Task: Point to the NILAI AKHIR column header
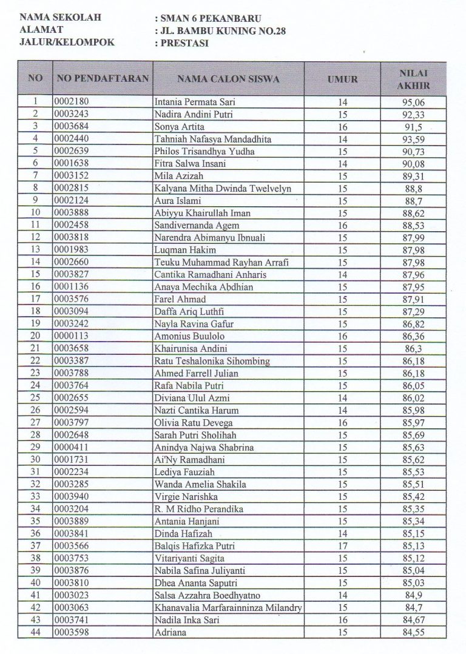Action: point(413,79)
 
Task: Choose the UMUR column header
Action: point(343,79)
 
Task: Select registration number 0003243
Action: point(71,114)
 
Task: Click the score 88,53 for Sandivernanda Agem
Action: point(413,225)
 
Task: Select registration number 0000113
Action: point(71,336)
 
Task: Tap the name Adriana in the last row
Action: point(171,633)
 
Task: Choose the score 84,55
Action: point(413,633)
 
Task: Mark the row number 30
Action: point(35,459)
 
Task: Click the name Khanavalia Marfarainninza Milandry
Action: point(228,608)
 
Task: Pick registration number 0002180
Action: point(71,102)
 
